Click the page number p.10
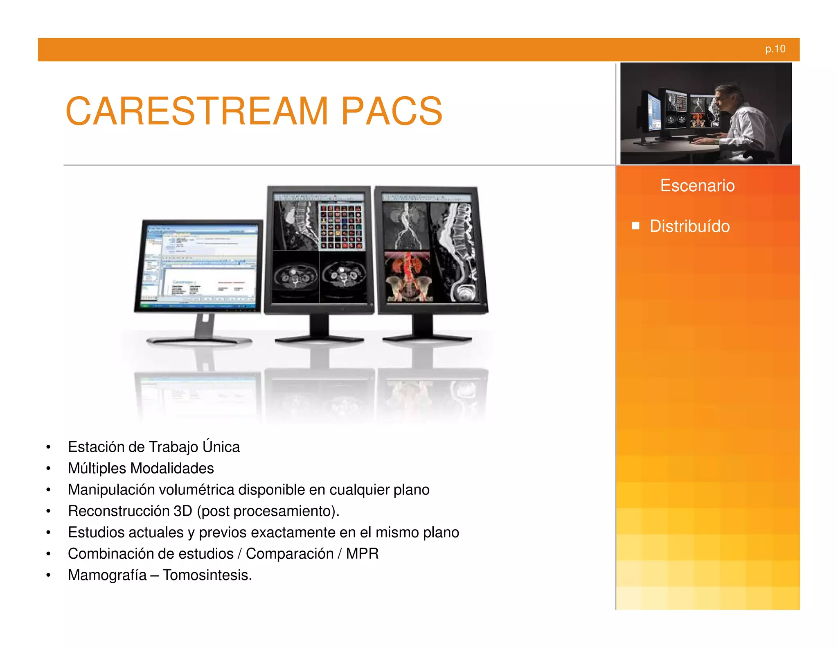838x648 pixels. (x=775, y=49)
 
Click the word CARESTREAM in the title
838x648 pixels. (x=197, y=111)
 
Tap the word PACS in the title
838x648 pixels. (x=392, y=111)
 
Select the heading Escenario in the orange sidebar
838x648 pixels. (x=697, y=186)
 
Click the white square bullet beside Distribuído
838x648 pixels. (x=635, y=226)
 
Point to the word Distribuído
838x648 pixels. (x=689, y=226)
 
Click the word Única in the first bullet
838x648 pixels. (x=221, y=446)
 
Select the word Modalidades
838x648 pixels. (x=172, y=468)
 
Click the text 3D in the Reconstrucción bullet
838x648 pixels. (x=182, y=511)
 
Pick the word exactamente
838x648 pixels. (x=293, y=532)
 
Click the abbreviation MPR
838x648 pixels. (x=362, y=554)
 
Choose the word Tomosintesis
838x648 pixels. (x=207, y=575)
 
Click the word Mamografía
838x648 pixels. (x=107, y=575)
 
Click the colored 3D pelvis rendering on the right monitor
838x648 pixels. (x=408, y=276)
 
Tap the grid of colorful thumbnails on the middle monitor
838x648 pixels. (x=341, y=226)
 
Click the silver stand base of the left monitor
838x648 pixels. (x=199, y=340)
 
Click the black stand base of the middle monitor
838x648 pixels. (x=319, y=339)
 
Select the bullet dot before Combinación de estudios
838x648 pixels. (x=48, y=554)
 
